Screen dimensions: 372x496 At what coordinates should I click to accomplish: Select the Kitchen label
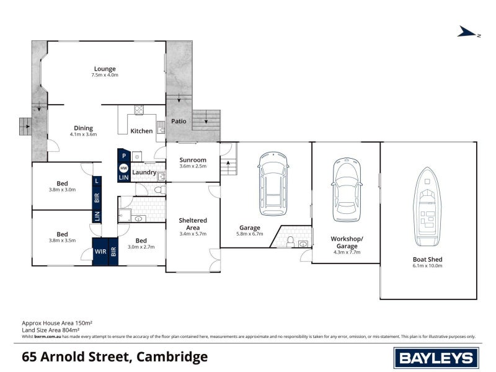141,131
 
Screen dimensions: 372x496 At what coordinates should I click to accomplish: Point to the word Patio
179,122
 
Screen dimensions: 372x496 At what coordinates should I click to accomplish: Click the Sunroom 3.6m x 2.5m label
192,162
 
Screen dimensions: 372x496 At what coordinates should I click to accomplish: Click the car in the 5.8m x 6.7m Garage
273,184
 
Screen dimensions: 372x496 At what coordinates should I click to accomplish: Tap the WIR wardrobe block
100,252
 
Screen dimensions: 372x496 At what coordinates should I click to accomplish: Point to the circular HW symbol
123,168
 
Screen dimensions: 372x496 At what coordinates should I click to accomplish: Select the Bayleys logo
436,357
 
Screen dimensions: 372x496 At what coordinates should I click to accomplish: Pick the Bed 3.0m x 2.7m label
141,243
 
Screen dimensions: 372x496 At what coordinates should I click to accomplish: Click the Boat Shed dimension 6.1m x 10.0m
428,265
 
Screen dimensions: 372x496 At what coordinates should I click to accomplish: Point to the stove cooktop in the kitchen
139,112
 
